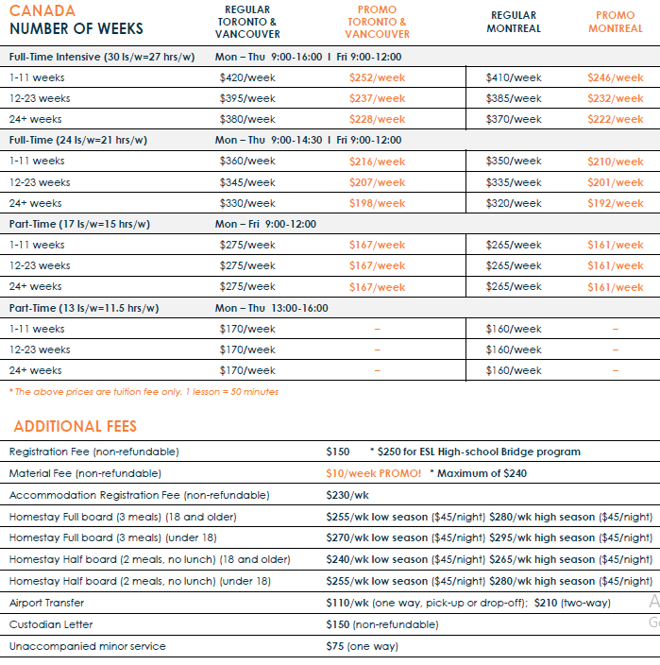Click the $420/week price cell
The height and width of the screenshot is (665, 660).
(247, 77)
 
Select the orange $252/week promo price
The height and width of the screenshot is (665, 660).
(377, 77)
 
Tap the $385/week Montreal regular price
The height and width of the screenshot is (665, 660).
(514, 98)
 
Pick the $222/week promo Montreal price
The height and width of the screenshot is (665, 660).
(615, 119)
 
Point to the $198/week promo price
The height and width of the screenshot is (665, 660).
(377, 203)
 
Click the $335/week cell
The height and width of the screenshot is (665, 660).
(514, 182)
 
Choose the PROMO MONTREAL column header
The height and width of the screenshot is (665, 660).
(615, 22)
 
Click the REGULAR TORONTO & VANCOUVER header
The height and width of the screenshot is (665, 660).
(247, 22)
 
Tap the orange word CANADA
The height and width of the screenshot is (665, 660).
(42, 10)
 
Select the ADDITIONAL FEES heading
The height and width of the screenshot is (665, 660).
(75, 427)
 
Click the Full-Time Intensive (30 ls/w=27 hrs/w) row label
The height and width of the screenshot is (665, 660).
(102, 57)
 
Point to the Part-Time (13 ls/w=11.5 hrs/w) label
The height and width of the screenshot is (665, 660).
(84, 308)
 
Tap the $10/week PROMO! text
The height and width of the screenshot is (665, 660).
(374, 473)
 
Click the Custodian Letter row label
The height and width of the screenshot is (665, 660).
(51, 624)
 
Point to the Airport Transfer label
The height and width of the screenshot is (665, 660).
(49, 603)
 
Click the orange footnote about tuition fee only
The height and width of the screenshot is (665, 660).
(144, 391)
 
